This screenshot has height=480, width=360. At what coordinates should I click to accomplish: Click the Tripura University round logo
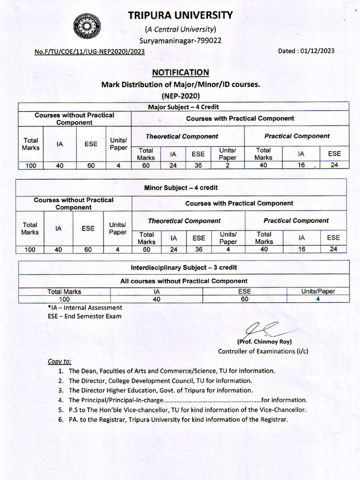[87, 26]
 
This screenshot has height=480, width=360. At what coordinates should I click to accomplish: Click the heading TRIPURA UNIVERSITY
[180, 15]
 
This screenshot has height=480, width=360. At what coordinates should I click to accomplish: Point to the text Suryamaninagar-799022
[180, 40]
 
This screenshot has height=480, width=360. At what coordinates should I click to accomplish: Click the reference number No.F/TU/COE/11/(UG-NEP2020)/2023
[90, 52]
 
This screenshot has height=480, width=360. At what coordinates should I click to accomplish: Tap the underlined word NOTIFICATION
[180, 72]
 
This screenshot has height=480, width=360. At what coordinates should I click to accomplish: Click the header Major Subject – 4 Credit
[183, 107]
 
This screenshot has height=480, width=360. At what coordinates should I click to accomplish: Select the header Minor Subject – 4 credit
[181, 187]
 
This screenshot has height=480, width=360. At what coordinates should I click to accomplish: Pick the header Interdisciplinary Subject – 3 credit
[184, 267]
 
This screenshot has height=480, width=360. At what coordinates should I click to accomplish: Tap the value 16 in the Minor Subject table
[301, 249]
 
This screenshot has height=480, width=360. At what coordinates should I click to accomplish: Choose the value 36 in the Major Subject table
[198, 165]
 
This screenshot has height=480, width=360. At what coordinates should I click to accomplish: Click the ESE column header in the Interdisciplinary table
[244, 292]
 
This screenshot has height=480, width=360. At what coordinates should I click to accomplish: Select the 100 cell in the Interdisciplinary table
[64, 299]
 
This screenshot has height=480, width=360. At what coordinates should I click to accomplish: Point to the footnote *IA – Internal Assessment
[85, 308]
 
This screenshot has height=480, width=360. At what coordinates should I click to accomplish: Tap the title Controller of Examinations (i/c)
[263, 351]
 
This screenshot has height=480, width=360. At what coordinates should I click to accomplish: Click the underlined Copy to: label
[60, 361]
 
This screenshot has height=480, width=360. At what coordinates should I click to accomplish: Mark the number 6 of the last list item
[60, 419]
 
